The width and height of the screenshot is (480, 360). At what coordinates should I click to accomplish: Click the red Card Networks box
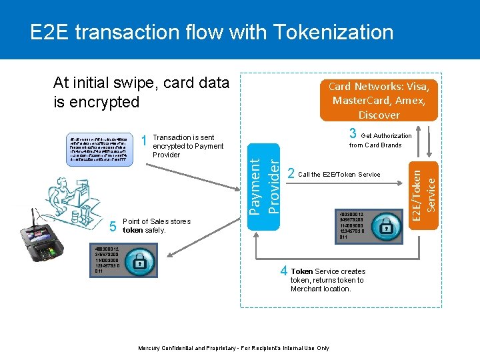[379, 101]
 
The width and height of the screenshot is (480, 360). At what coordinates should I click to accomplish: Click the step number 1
[145, 141]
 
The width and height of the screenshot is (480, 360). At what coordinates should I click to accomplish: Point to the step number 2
[291, 174]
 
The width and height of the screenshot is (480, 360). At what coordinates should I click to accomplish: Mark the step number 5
[113, 227]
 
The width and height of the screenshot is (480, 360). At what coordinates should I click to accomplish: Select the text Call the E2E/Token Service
[339, 175]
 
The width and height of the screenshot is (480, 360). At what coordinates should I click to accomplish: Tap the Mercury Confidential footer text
[233, 348]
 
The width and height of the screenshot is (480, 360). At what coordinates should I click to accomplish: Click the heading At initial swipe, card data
[141, 83]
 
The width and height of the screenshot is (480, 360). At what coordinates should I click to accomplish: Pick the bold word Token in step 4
[301, 271]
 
